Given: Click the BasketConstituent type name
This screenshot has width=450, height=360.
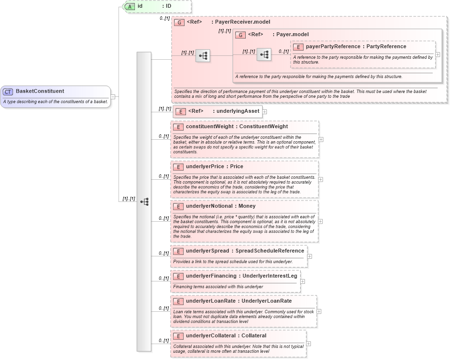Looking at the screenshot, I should click(x=40, y=91).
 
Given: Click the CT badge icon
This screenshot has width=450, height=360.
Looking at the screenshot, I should click(x=8, y=92).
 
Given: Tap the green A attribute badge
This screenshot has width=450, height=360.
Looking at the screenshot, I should click(x=130, y=6).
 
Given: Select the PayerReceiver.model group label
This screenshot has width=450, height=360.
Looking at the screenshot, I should click(x=242, y=22).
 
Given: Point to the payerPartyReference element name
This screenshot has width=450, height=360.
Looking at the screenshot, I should click(x=332, y=47).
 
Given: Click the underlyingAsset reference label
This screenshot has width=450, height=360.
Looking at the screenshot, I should click(x=237, y=111).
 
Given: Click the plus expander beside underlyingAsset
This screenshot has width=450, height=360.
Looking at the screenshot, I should click(x=265, y=112).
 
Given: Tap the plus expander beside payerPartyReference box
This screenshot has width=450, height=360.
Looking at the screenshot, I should click(x=437, y=54).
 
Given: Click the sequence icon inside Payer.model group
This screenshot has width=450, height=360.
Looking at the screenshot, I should click(x=264, y=55).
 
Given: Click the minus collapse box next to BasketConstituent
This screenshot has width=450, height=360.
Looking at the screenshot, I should click(x=113, y=96).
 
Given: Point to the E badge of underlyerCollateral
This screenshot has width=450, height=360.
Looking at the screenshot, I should click(x=178, y=336).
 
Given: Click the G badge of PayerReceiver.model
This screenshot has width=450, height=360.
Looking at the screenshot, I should click(x=179, y=22).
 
